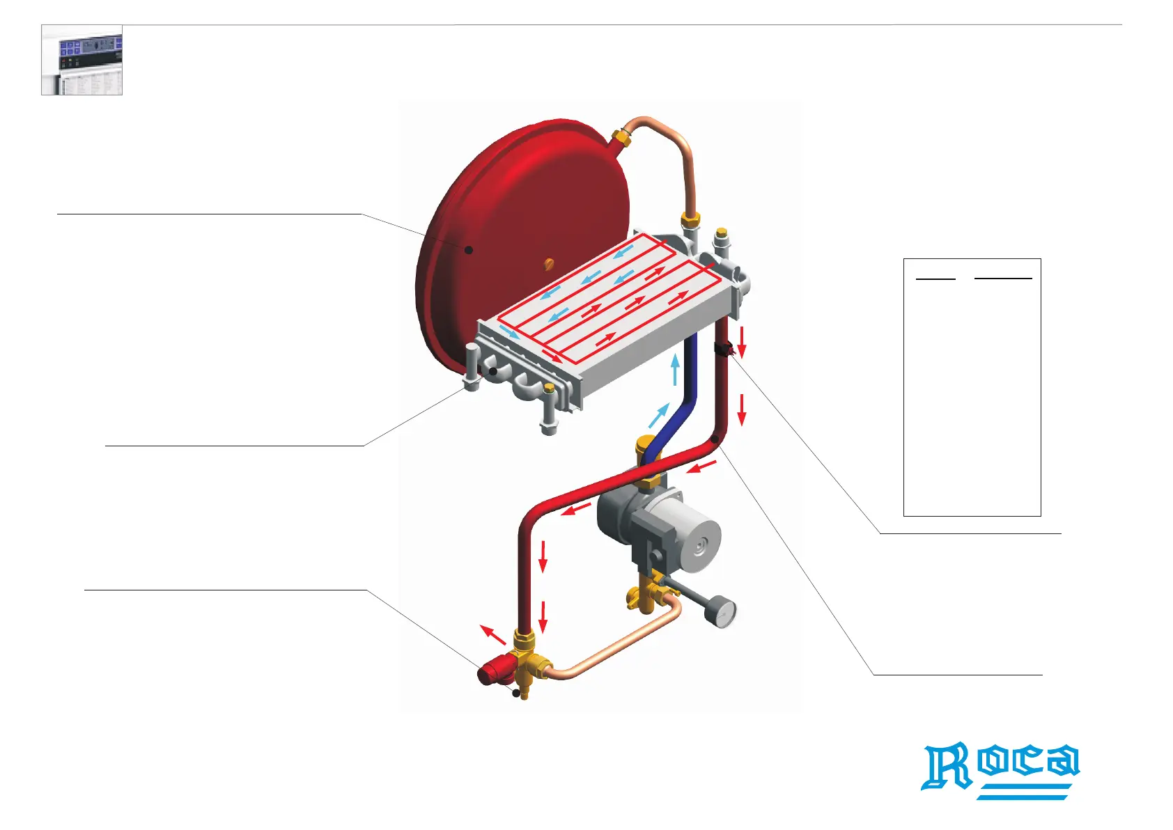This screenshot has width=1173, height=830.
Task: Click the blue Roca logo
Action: (x=1000, y=769)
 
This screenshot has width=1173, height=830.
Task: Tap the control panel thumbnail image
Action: (x=82, y=60)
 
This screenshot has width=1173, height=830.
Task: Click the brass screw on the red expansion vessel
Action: (x=549, y=263)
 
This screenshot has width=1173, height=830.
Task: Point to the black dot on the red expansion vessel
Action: (x=469, y=249)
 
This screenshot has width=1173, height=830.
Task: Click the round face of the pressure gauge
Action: (x=722, y=613)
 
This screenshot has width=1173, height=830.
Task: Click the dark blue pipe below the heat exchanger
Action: (x=690, y=390)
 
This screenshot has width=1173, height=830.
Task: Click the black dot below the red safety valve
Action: (x=516, y=693)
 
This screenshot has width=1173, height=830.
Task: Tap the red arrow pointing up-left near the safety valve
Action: (x=493, y=635)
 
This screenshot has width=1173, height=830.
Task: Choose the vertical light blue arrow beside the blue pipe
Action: (x=674, y=370)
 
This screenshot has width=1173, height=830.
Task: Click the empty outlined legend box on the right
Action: (x=972, y=387)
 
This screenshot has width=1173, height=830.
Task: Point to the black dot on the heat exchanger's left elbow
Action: (x=493, y=372)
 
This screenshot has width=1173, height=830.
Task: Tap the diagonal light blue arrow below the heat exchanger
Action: (x=658, y=415)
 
